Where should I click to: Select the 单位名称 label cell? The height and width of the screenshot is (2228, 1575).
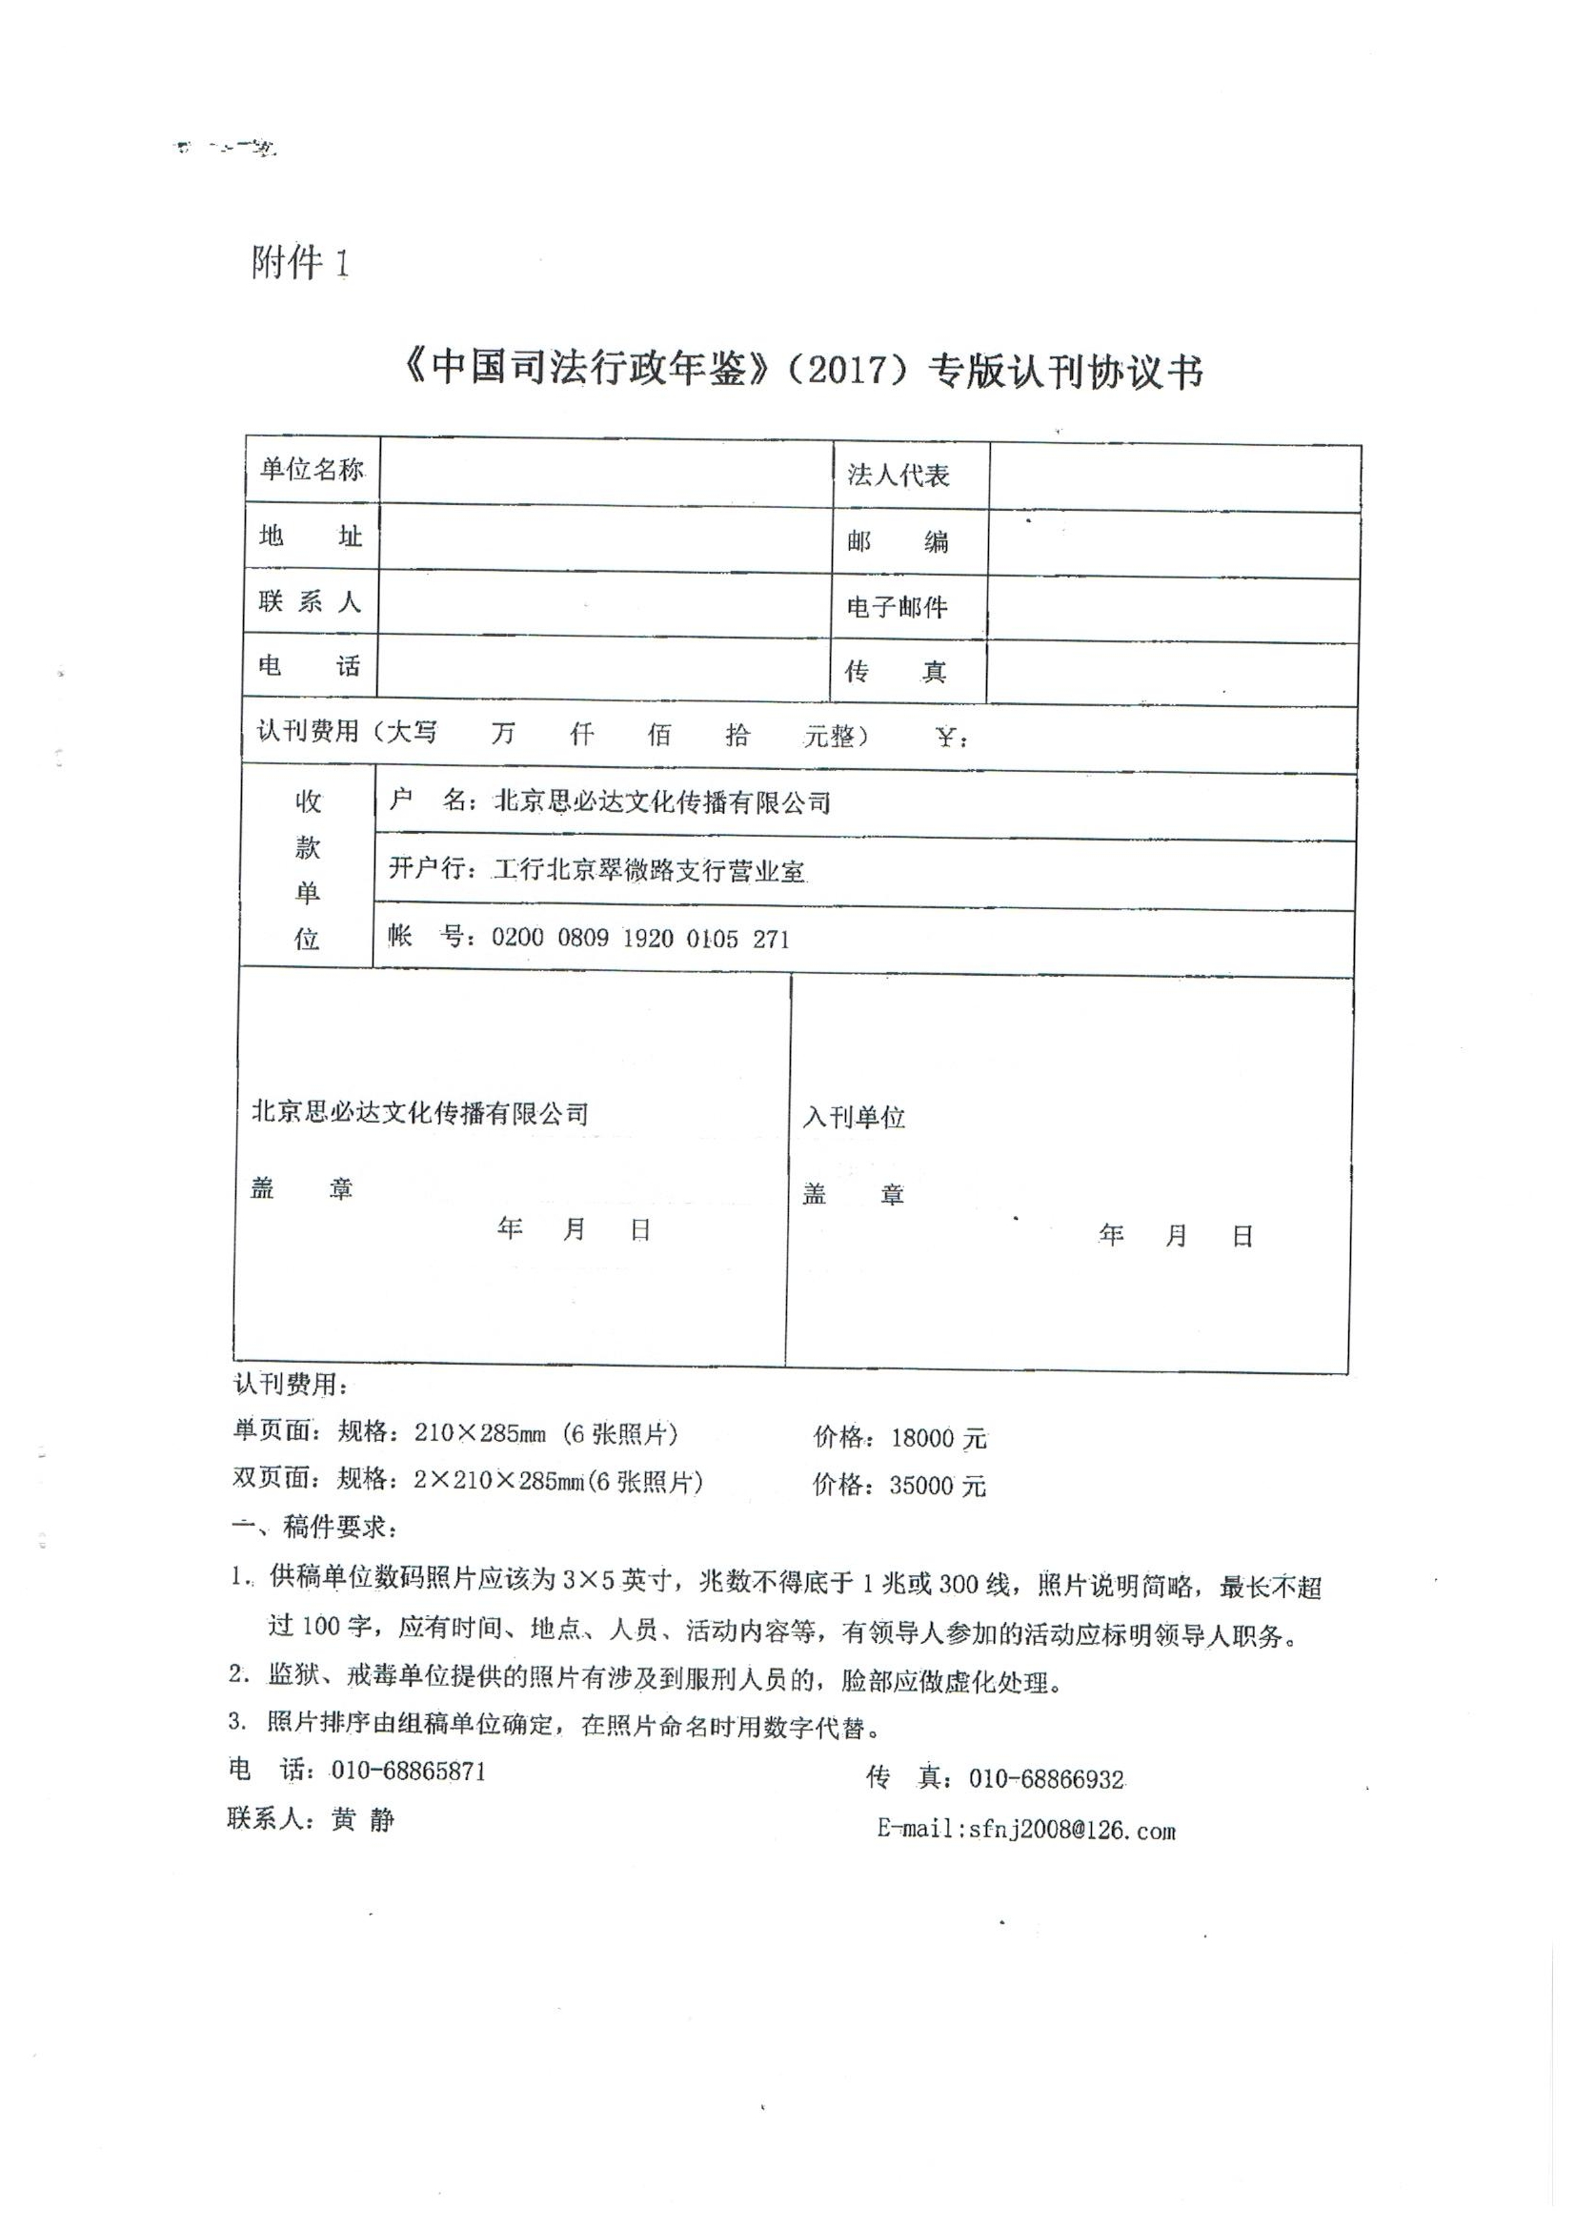click(312, 470)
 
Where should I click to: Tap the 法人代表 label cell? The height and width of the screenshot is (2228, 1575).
click(898, 475)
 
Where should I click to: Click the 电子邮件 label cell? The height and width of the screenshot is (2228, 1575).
click(897, 607)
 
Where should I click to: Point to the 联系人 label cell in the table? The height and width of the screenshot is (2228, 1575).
click(310, 601)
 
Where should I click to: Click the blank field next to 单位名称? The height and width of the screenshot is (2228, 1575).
click(606, 472)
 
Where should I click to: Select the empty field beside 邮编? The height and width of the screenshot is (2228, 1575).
click(1172, 544)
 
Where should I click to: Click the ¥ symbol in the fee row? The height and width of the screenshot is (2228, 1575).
click(948, 739)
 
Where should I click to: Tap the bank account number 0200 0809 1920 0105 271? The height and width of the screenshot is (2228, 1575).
click(640, 939)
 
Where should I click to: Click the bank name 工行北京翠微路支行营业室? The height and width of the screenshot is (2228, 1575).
click(649, 870)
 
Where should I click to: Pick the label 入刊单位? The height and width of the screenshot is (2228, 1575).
click(854, 1117)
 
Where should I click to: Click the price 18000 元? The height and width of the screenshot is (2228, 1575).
click(939, 1438)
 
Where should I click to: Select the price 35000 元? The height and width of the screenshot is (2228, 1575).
click(938, 1486)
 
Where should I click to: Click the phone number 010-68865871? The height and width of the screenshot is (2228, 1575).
click(409, 1771)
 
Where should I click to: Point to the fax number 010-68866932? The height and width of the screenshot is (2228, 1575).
click(1046, 1779)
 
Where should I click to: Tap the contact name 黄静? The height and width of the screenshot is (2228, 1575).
click(363, 1819)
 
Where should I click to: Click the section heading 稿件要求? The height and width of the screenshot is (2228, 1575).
click(338, 1527)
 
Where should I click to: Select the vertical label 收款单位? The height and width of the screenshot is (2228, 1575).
click(308, 869)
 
